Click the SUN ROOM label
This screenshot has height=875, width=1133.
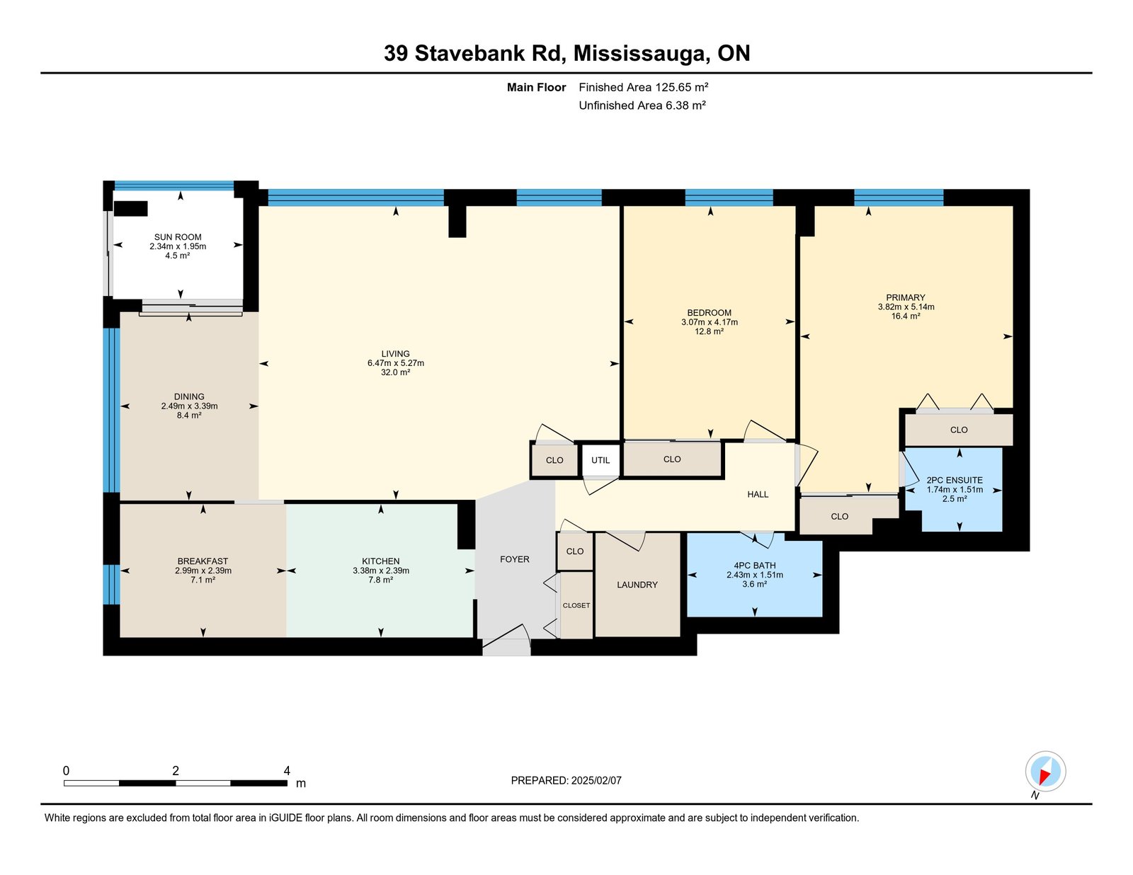point(178,237)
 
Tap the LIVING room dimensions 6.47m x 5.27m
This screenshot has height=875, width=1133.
point(396,363)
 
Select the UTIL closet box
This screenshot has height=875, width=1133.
point(600,460)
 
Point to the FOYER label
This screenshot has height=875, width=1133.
point(515,559)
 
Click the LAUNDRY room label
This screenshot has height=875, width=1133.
point(637,585)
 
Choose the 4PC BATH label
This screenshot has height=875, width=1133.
point(754,566)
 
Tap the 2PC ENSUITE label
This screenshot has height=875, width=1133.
point(955,480)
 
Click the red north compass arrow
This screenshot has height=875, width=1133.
point(1045,777)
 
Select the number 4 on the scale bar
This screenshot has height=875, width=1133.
point(287,771)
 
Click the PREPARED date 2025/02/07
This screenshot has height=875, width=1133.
point(596,780)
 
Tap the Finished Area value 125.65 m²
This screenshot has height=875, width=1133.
point(681,87)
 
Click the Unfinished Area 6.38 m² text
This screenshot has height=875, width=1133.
point(642,105)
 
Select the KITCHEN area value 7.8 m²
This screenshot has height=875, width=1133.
point(381,580)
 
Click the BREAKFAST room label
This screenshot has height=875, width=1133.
point(203,561)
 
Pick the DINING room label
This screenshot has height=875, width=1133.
point(189,396)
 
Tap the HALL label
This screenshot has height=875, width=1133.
point(758,494)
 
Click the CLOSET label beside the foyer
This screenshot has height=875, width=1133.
point(576,605)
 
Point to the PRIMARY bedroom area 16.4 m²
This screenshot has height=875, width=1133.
point(906,316)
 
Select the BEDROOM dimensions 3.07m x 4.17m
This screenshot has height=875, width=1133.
point(709,322)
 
